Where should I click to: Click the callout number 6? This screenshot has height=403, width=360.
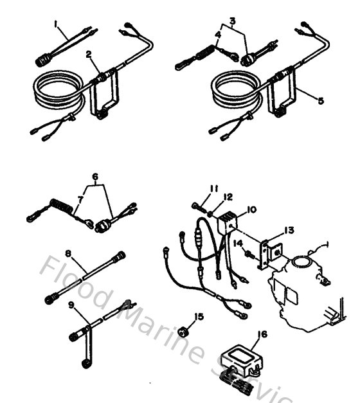95,176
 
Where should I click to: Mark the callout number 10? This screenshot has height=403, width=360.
251,209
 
